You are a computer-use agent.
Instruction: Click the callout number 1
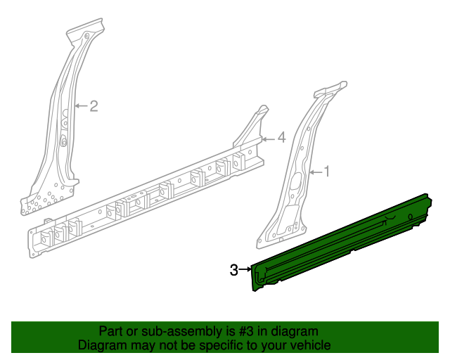click(x=326, y=171)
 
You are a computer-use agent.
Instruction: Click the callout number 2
click(x=93, y=106)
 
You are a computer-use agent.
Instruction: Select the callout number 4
click(x=281, y=138)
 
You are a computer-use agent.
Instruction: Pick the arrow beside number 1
click(x=313, y=171)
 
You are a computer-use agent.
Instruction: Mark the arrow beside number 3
click(x=245, y=269)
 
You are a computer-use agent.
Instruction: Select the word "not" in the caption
click(x=162, y=346)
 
